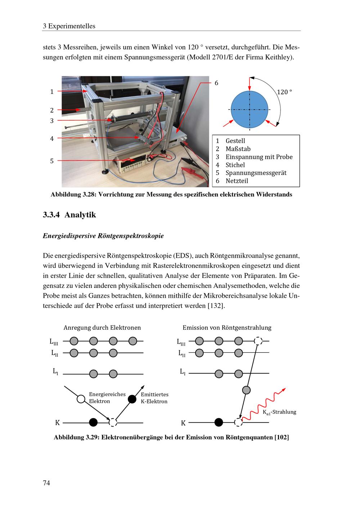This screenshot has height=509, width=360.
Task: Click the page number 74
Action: (x=46, y=483)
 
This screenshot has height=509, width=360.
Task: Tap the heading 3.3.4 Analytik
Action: (x=69, y=215)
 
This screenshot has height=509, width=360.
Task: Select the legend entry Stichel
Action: (x=235, y=165)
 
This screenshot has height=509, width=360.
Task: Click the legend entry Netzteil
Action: (x=237, y=181)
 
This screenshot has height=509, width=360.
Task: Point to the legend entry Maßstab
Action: (x=238, y=149)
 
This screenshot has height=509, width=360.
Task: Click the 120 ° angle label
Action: (x=284, y=92)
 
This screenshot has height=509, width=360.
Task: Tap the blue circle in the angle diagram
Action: (x=249, y=109)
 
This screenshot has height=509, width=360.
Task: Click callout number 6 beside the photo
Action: (x=216, y=83)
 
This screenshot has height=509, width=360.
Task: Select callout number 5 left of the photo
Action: (x=52, y=161)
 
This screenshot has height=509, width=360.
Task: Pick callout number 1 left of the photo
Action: (x=52, y=92)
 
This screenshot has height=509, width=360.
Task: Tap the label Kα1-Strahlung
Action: (x=279, y=412)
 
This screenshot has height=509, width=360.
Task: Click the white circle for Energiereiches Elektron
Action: (x=81, y=398)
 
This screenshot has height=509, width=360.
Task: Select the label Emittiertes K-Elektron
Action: (x=154, y=398)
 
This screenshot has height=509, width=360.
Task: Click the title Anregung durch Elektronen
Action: (x=102, y=328)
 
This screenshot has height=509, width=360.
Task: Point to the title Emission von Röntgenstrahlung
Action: (x=227, y=328)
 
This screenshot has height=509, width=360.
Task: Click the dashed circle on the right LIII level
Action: (x=258, y=341)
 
